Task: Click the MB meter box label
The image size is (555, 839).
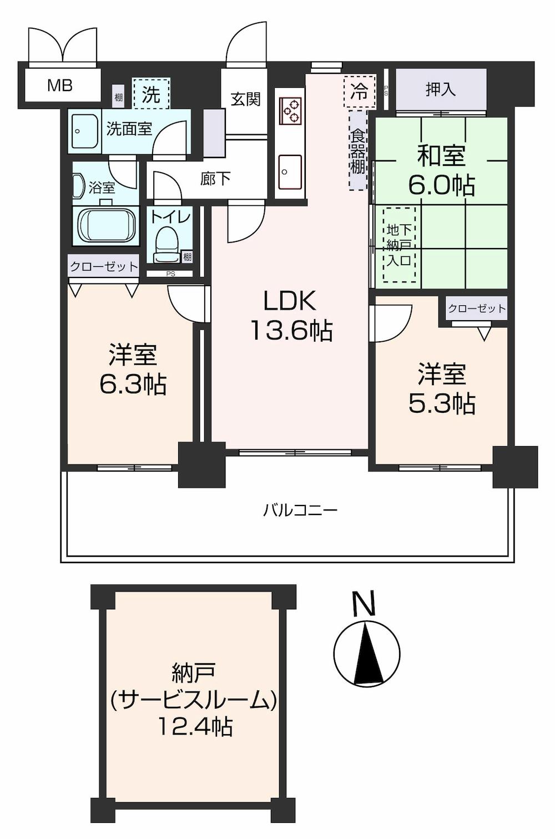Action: pyautogui.click(x=59, y=86)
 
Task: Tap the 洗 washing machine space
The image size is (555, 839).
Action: pyautogui.click(x=151, y=93)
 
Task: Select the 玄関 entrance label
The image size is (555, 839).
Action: pyautogui.click(x=245, y=99)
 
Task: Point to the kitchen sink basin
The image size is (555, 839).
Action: pyautogui.click(x=290, y=172)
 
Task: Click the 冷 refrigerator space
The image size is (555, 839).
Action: pyautogui.click(x=360, y=92)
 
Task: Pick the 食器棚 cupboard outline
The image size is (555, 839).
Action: pyautogui.click(x=358, y=150)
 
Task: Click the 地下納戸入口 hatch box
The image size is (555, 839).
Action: pyautogui.click(x=399, y=245)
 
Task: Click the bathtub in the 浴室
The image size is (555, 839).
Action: pyautogui.click(x=107, y=226)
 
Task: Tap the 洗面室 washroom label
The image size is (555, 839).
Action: pyautogui.click(x=129, y=129)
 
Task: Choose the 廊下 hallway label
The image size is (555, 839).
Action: pyautogui.click(x=215, y=179)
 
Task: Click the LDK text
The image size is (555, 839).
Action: pyautogui.click(x=290, y=301)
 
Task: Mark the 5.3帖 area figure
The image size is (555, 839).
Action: pyautogui.click(x=442, y=404)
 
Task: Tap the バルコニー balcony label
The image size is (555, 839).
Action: pyautogui.click(x=300, y=510)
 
